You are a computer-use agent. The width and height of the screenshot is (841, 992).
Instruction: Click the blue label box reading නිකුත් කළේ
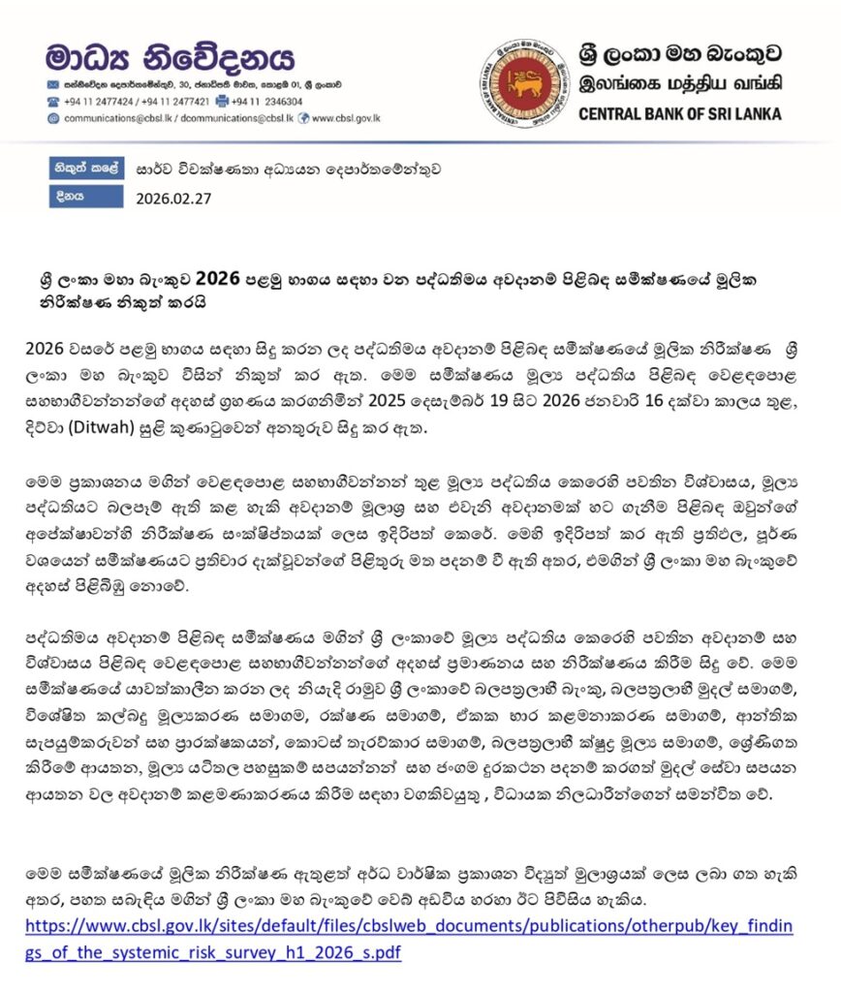87,168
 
